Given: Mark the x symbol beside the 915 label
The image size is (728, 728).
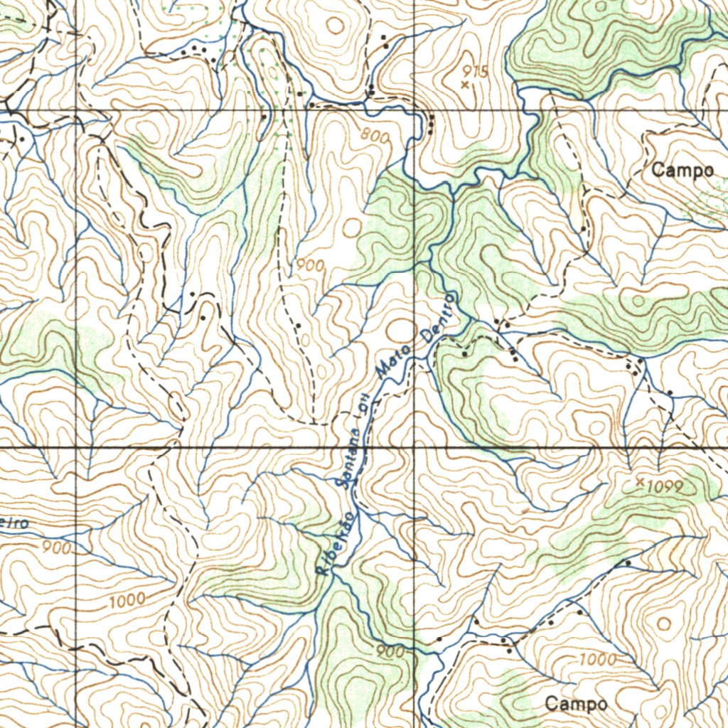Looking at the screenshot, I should tap(465, 85).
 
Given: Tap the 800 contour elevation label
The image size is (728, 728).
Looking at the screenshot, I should tap(375, 135).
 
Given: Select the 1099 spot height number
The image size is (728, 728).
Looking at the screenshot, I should tap(665, 487).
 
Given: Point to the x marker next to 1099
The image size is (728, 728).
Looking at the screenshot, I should tap(640, 482).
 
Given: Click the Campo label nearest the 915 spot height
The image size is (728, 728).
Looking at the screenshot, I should tap(682, 171).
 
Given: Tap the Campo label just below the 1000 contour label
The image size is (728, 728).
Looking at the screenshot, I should tap(576, 704).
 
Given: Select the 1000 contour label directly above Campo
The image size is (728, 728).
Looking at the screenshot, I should tap(597, 660).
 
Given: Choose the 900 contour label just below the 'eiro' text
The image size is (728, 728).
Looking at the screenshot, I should tap(57, 548).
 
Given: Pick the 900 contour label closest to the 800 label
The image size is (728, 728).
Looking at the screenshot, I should tap(311, 266).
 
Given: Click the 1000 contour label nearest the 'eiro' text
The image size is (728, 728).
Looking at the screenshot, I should tap(128, 601).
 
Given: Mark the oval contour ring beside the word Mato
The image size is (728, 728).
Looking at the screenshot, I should tap(401, 330).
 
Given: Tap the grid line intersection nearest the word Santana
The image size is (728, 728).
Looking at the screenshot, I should tap(415, 448).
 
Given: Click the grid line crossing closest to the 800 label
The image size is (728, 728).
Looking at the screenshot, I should tap(415, 110).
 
